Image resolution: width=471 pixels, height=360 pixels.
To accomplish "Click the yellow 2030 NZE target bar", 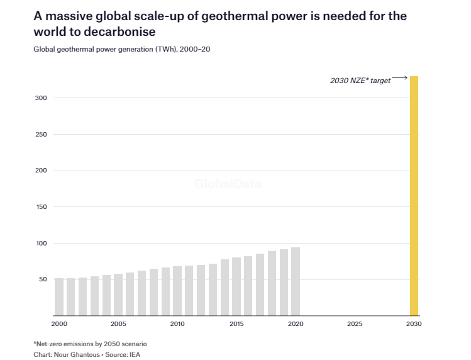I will [x=414, y=196].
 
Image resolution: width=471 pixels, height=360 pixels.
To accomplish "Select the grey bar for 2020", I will [x=296, y=281].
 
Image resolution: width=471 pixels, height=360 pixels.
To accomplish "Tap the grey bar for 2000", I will [x=59, y=296].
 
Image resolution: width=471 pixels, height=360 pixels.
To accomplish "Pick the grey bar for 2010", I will [x=177, y=291].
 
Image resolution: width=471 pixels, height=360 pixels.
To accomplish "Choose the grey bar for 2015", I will [x=236, y=286].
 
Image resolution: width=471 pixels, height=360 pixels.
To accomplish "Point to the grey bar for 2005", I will [x=118, y=295].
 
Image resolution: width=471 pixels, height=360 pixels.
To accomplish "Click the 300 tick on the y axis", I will [x=42, y=98].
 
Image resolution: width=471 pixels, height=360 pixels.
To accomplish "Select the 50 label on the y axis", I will [x=43, y=279].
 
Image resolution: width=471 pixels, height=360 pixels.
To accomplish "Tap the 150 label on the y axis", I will [x=42, y=207].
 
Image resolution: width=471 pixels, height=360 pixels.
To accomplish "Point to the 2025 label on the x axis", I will [x=355, y=324].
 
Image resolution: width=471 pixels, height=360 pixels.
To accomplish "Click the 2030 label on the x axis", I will [x=414, y=324].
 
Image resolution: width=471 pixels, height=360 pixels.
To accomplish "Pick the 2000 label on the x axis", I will [x=59, y=324].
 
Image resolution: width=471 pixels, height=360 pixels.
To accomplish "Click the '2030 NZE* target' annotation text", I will [x=360, y=81].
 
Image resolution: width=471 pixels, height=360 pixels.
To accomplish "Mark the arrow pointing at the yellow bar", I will [x=399, y=77].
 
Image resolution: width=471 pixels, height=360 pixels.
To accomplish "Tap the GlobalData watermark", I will [x=228, y=184].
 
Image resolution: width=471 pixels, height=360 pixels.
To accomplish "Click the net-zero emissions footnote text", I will [x=90, y=344].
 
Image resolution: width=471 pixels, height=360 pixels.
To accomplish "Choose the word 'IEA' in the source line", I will [x=136, y=354].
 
